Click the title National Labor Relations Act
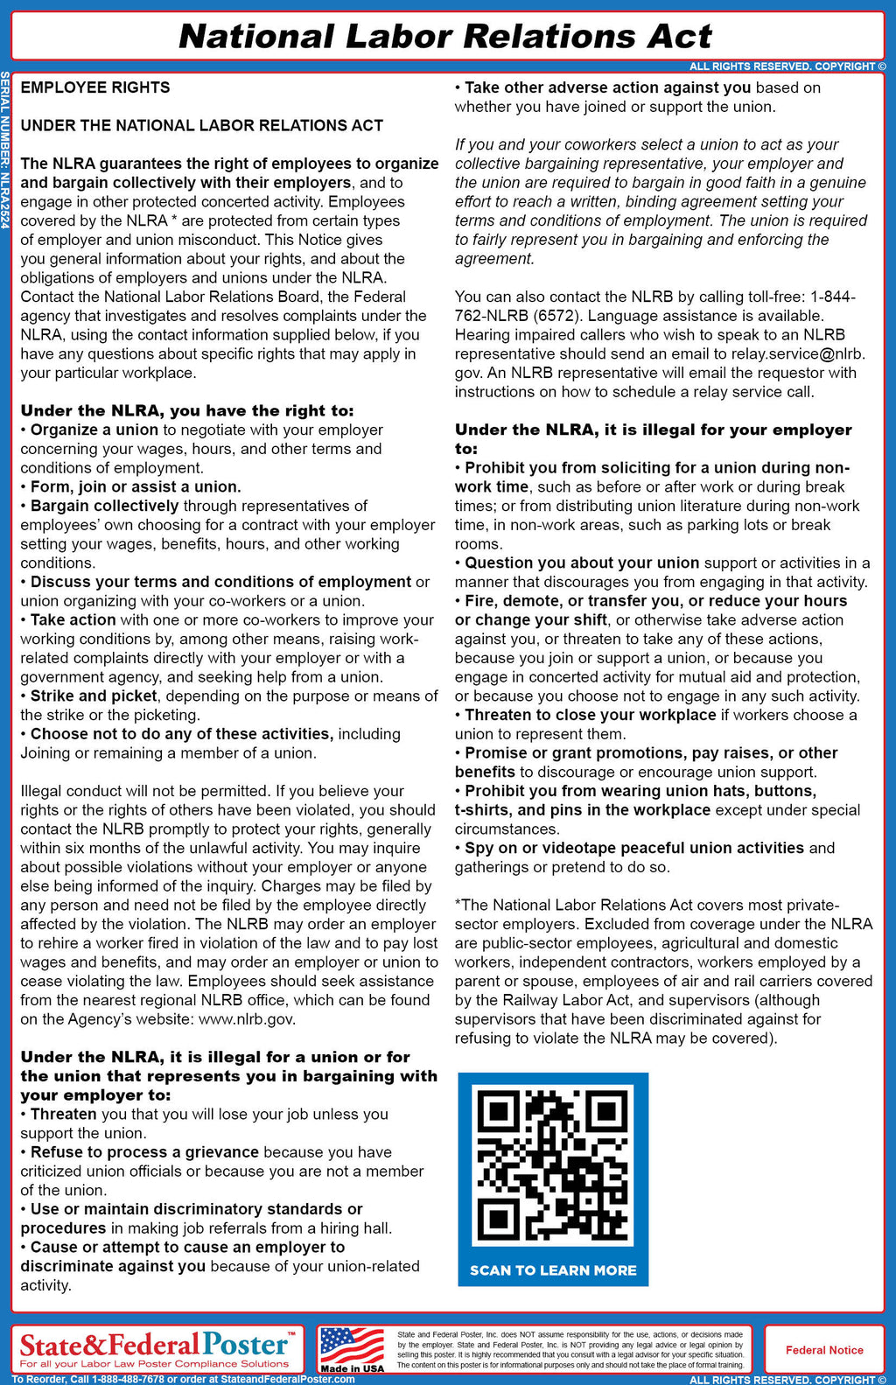445,37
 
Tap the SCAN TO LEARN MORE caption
553,1270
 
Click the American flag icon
352,1345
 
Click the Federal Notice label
824,1350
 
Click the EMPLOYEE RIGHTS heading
95,87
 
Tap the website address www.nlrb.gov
247,1019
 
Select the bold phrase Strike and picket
94,696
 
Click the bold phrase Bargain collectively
104,506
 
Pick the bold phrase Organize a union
94,430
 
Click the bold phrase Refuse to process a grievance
144,1152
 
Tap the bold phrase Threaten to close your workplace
591,715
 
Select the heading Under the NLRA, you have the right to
187,411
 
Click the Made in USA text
352,1368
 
